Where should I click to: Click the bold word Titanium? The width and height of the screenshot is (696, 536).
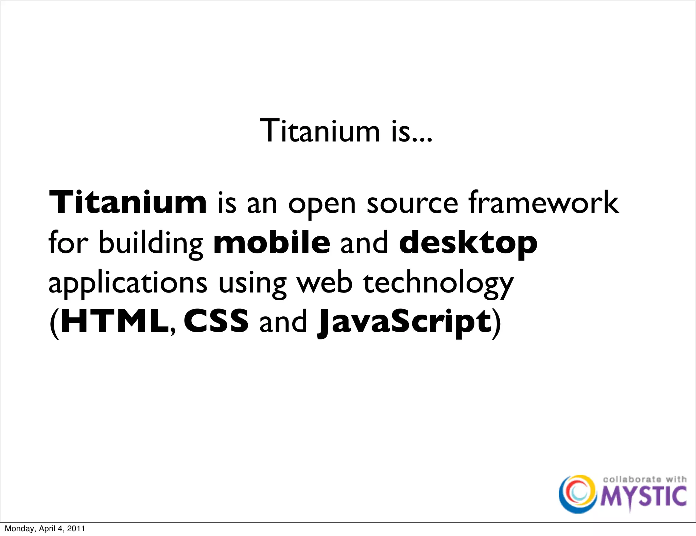[128, 203]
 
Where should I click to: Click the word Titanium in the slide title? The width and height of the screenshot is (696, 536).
[319, 131]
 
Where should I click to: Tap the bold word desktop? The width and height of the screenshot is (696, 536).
[468, 244]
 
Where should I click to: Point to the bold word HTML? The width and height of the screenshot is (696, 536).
[115, 321]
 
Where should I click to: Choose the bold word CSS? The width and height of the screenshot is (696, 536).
[216, 321]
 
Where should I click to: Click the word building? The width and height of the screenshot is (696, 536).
[151, 244]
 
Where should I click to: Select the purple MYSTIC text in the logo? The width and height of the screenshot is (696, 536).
[643, 497]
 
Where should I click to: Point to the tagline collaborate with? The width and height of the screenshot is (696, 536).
[644, 479]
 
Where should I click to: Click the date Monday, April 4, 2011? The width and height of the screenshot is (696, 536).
[45, 529]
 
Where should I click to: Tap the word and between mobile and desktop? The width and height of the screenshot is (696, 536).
[364, 243]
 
